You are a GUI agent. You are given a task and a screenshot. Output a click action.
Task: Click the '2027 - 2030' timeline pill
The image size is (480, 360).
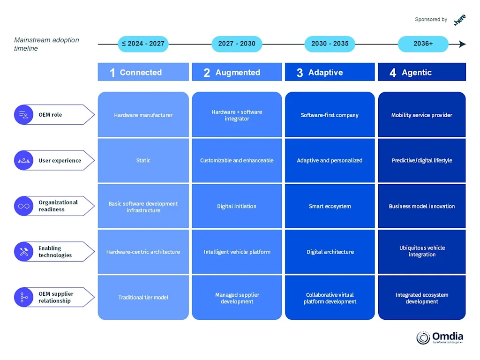click(x=237, y=44)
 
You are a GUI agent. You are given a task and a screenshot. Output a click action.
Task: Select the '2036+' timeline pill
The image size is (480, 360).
click(x=423, y=44)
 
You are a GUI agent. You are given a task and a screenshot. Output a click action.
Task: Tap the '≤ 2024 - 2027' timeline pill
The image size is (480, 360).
click(x=143, y=44)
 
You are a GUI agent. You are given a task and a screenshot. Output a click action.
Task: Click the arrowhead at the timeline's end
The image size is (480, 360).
click(x=462, y=44)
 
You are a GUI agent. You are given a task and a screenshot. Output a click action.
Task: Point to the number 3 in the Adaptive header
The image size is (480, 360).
click(x=300, y=73)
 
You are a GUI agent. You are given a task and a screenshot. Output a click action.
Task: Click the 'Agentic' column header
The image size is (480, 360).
click(x=422, y=72)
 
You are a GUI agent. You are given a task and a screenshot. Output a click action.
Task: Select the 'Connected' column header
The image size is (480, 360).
click(x=143, y=72)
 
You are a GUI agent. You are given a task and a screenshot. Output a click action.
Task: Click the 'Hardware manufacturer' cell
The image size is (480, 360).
click(x=143, y=115)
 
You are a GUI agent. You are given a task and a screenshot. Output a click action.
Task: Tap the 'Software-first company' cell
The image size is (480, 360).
click(x=330, y=115)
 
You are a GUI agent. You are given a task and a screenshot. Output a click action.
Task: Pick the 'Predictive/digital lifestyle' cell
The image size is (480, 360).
click(x=422, y=160)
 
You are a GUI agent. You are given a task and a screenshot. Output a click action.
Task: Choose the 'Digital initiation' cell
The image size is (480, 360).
click(x=237, y=206)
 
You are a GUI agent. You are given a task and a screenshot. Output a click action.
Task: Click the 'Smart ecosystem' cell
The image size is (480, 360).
click(x=330, y=206)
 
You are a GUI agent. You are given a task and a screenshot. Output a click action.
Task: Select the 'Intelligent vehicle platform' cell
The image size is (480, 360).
click(x=237, y=252)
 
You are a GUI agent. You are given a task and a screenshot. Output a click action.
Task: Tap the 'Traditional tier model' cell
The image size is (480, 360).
click(x=143, y=297)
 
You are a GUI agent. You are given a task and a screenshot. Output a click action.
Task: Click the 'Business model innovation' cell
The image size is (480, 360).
click(x=422, y=206)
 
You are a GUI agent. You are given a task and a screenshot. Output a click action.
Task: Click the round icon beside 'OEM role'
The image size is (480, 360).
click(x=23, y=115)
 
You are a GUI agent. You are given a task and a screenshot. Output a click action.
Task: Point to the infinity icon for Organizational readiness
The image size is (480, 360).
click(x=23, y=206)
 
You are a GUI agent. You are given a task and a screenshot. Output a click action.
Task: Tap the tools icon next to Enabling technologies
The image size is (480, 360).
click(x=23, y=252)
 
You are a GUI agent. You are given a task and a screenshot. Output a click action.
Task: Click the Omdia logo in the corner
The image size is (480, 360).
click(x=440, y=337)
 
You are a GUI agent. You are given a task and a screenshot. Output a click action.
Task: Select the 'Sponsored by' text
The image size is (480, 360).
click(x=431, y=20)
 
